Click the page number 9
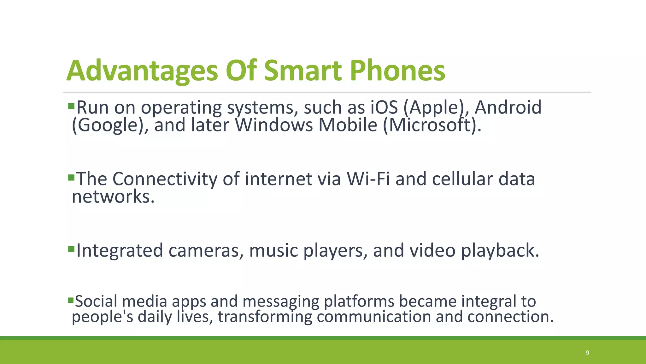point(587,353)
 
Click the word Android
point(508,107)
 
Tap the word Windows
point(274,125)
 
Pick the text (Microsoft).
point(432,125)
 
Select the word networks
point(113,197)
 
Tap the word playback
point(500,251)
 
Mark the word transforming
point(265,317)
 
